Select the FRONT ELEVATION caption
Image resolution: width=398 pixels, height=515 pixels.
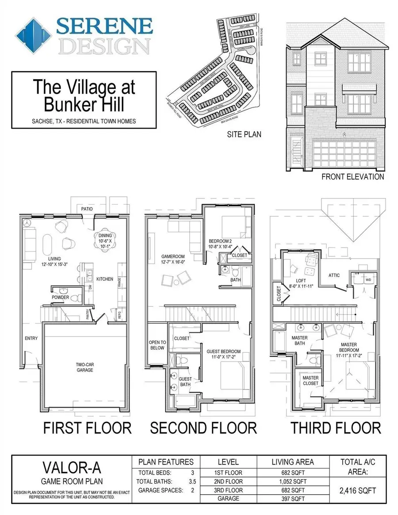point(352,177)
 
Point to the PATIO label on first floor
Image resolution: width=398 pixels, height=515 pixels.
point(86,209)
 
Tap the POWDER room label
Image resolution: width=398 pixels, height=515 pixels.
point(60,298)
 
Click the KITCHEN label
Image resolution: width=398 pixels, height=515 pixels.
point(105,279)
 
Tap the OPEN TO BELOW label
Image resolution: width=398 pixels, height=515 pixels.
point(157,345)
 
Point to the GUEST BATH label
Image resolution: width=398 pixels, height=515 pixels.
point(185,381)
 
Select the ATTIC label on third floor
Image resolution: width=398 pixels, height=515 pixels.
point(334,275)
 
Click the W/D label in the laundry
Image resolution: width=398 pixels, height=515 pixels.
point(368,279)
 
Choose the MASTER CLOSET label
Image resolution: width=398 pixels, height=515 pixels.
point(310,381)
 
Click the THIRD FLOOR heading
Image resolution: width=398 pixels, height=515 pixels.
point(336,428)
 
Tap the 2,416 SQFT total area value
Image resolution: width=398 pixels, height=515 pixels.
point(358,490)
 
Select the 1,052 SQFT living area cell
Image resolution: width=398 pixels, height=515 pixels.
point(292,481)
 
